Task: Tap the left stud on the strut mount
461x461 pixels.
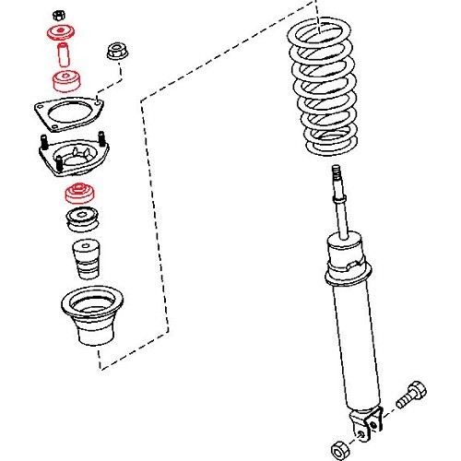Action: [x=43, y=144]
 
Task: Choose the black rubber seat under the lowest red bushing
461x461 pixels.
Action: [x=80, y=221]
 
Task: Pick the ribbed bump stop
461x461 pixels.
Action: [x=84, y=261]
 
